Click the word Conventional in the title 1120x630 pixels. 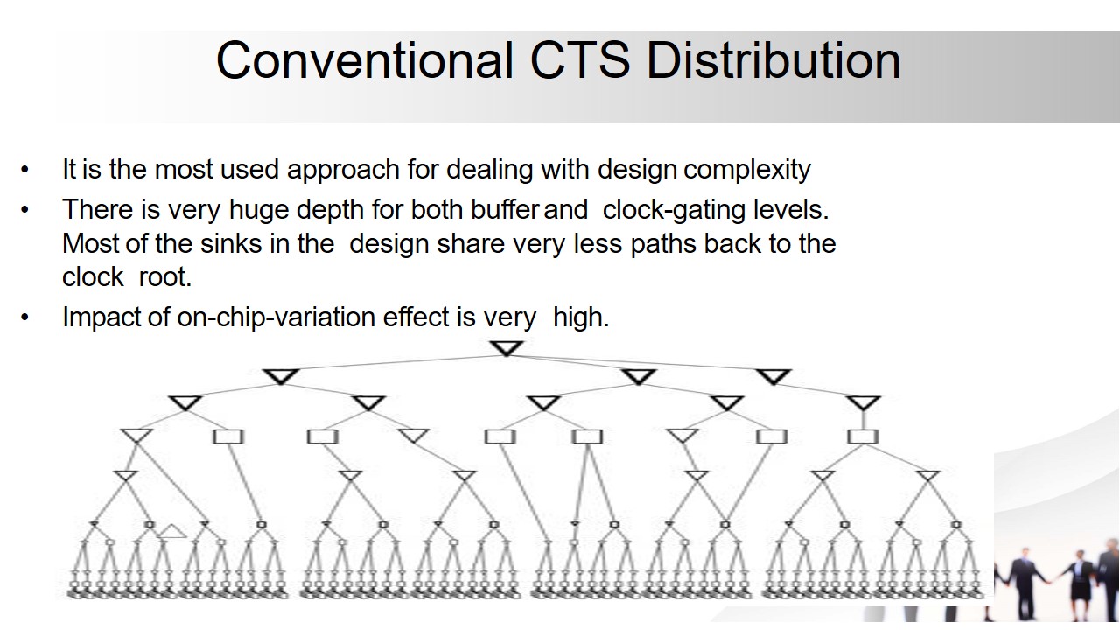click(365, 60)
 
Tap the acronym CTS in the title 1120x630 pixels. click(579, 60)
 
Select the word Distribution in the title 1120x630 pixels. click(773, 60)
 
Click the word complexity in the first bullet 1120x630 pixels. click(747, 170)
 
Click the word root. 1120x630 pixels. click(165, 277)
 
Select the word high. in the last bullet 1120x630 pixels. click(581, 317)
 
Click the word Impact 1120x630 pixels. click(101, 318)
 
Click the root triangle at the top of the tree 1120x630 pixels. click(507, 348)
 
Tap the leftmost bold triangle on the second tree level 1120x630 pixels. click(281, 376)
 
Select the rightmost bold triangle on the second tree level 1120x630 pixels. click(773, 376)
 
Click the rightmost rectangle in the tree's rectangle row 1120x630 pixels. click(863, 437)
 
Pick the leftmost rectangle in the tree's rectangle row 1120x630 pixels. click(228, 437)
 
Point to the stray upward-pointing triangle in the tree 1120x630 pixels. click(171, 531)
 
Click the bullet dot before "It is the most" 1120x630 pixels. click(25, 170)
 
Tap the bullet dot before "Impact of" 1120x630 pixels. click(25, 318)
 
